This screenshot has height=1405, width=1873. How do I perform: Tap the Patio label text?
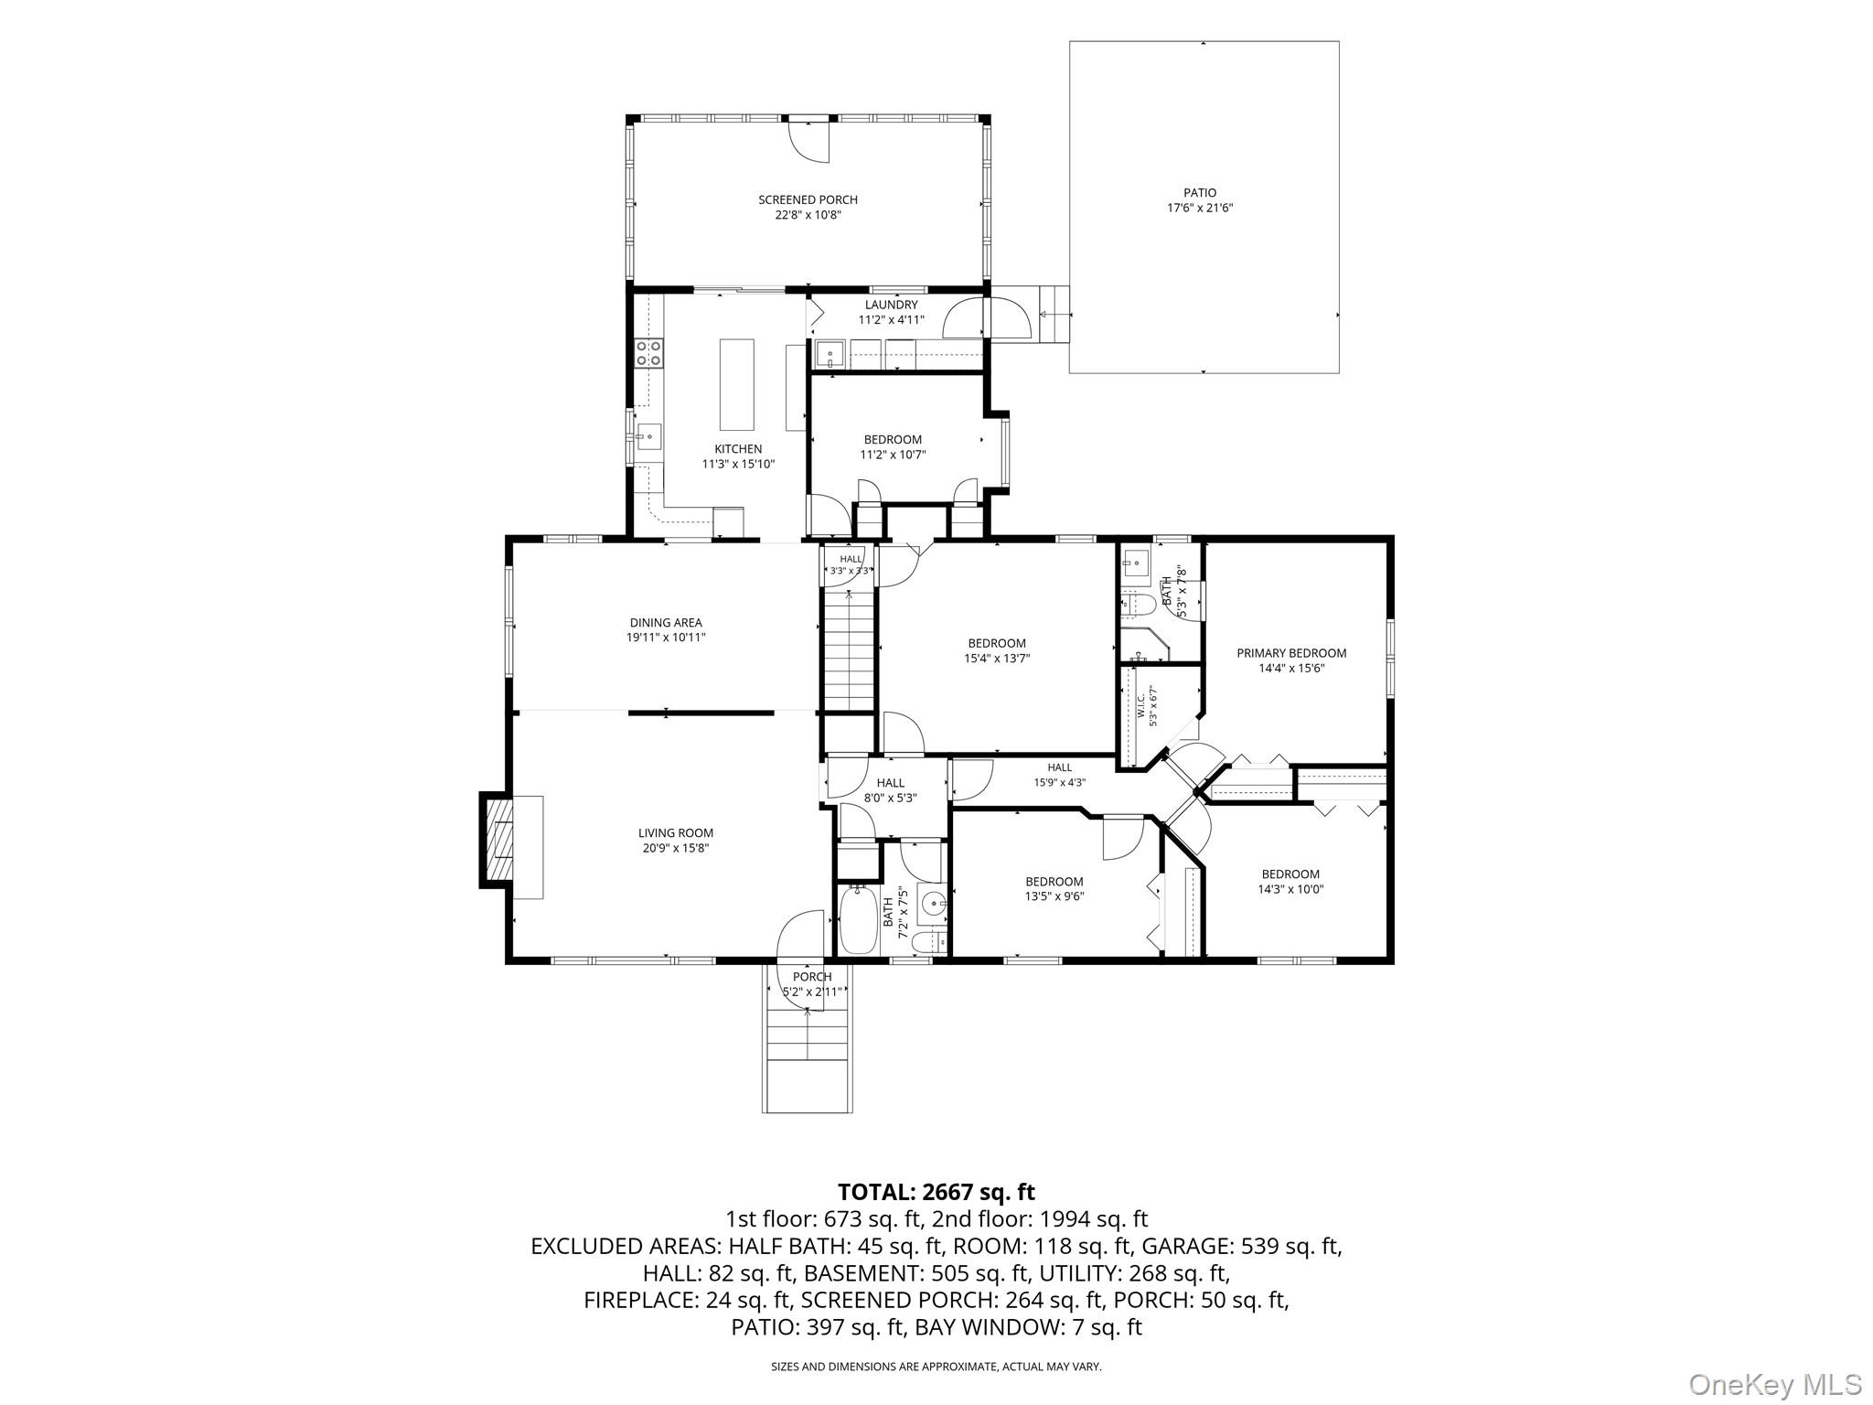click(1200, 193)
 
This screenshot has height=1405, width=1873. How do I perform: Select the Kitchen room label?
click(738, 449)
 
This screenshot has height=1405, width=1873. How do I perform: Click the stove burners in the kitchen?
click(648, 353)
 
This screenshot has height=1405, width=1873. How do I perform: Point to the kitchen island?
click(737, 384)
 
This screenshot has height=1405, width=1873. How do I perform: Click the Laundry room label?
click(891, 305)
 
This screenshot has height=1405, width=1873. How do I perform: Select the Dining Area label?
click(666, 623)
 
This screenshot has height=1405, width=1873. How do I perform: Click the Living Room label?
click(676, 833)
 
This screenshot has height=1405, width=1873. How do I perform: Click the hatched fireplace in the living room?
click(499, 841)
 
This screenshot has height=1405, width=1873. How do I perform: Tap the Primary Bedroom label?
click(1291, 653)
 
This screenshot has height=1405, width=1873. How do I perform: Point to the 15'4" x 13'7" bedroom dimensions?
click(997, 658)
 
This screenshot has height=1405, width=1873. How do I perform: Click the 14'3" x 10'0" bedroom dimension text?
click(1290, 889)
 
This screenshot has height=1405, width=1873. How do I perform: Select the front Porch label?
click(812, 977)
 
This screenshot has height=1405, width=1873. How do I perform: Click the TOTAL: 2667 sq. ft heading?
click(936, 1192)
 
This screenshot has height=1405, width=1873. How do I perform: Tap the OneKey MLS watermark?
click(1774, 1384)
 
